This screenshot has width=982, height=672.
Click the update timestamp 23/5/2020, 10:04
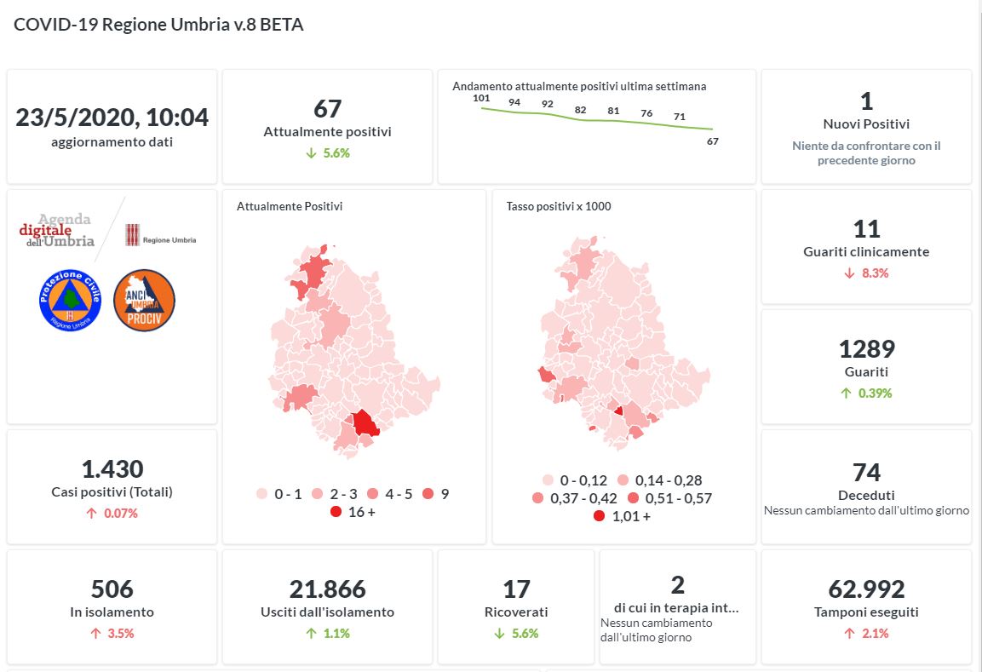coord(112,118)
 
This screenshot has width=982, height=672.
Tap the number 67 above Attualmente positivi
coord(327,109)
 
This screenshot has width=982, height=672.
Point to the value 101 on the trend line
coord(481,99)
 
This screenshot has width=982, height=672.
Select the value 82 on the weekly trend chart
coord(581,110)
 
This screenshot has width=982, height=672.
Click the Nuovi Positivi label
coord(866,124)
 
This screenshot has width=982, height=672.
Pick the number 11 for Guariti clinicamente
coord(866,229)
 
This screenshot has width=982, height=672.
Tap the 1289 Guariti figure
coord(866,349)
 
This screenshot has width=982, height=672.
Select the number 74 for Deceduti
coord(866,473)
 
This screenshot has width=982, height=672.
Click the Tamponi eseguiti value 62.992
coord(866,589)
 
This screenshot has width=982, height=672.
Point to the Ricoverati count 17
coord(516,589)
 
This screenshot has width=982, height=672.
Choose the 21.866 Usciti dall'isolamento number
coord(327,589)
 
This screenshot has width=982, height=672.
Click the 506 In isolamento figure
coord(112,589)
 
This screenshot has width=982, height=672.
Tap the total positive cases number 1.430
coord(112,468)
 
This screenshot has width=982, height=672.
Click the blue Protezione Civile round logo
coord(70,300)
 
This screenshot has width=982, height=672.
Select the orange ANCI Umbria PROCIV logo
coord(144,300)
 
